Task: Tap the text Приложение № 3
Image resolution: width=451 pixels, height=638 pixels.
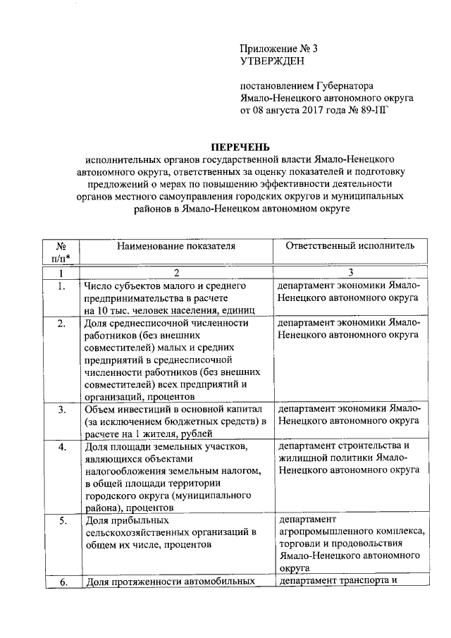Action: click(279, 49)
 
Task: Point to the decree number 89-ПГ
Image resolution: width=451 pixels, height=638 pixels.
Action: click(373, 111)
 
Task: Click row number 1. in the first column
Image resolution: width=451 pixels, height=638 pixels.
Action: click(61, 286)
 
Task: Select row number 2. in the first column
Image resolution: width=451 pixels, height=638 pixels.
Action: click(61, 324)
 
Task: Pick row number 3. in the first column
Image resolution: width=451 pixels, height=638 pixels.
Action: click(61, 410)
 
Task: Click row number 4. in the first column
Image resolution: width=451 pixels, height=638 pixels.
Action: click(61, 447)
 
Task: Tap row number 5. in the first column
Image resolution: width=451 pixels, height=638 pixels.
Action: click(61, 521)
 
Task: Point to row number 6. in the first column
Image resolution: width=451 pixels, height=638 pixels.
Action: click(61, 582)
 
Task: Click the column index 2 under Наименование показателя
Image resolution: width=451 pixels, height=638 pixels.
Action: click(177, 273)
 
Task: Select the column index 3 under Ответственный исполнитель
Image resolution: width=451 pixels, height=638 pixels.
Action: click(350, 273)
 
